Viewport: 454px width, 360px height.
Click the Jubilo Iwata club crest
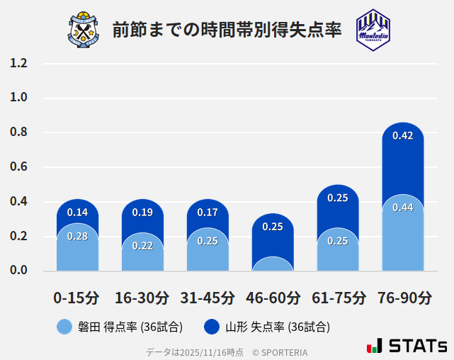[84, 29]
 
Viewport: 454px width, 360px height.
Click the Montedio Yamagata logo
[373, 29]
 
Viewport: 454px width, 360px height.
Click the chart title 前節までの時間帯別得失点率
[227, 30]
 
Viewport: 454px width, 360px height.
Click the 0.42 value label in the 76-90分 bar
[402, 136]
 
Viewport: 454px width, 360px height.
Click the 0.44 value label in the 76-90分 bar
[402, 208]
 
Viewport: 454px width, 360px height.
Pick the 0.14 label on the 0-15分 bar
[77, 213]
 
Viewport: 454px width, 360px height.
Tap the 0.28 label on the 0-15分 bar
[77, 237]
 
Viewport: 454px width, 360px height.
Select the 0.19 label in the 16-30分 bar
[142, 213]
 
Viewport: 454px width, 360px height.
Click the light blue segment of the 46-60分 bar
[273, 264]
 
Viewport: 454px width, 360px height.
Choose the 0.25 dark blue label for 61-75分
[338, 198]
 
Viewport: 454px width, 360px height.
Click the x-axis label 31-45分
[208, 297]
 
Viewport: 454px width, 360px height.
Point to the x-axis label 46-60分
[273, 297]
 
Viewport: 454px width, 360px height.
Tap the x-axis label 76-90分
[404, 297]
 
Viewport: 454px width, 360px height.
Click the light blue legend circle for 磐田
[64, 327]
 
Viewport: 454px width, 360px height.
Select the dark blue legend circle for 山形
[211, 327]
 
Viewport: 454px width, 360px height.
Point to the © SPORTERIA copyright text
[280, 351]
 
